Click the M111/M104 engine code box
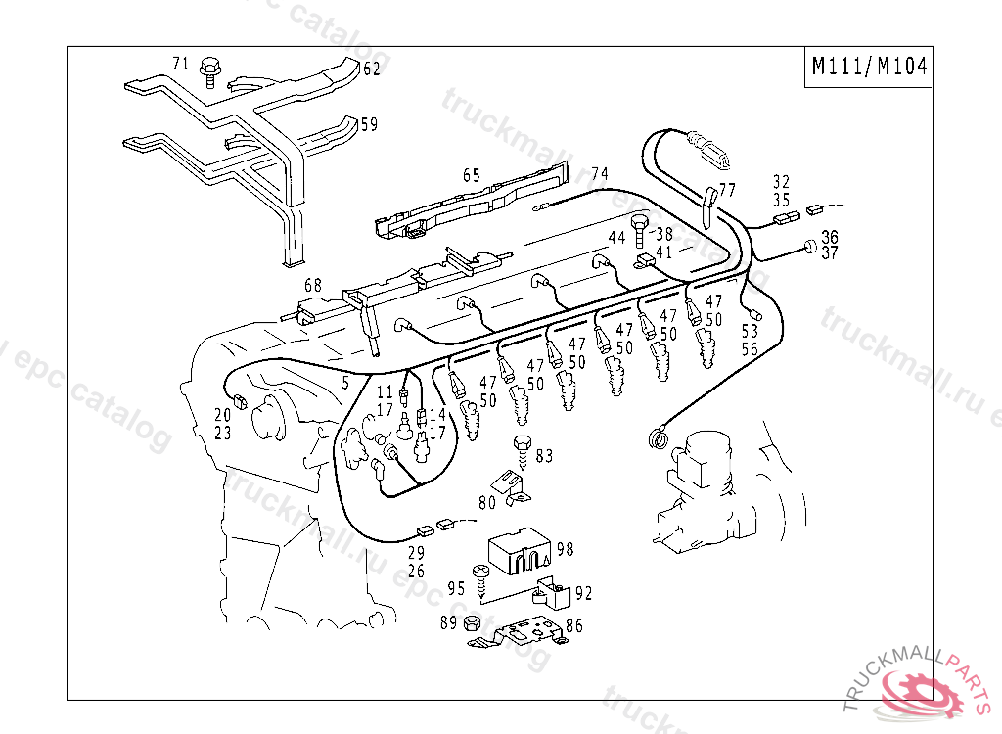tap(868, 68)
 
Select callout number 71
tap(180, 64)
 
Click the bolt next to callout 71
tap(208, 69)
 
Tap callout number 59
tap(368, 124)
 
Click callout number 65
tap(472, 175)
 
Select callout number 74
tap(600, 174)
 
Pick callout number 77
tap(727, 189)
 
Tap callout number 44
tap(616, 239)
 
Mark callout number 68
tap(312, 285)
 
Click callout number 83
tap(544, 455)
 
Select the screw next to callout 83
tap(523, 451)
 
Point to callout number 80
tap(486, 503)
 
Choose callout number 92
tap(583, 592)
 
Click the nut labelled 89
tap(471, 624)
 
